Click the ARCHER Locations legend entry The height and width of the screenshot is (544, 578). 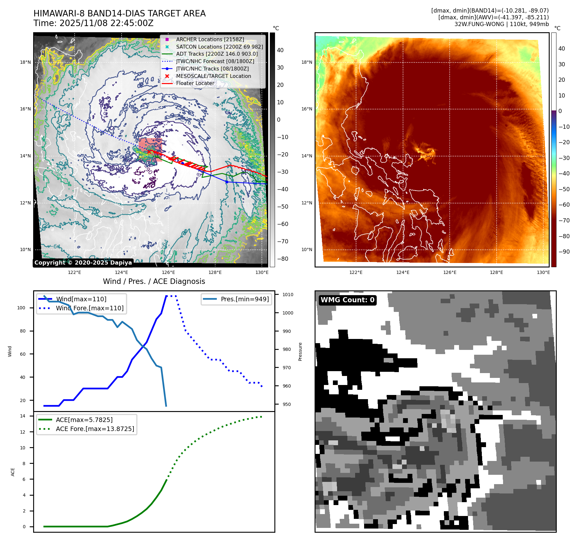point(210,39)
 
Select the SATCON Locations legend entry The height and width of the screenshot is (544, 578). point(219,47)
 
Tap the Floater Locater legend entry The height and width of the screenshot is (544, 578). point(195,83)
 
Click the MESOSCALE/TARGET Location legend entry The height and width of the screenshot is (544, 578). point(213,76)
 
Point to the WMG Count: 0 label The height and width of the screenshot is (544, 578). point(347,300)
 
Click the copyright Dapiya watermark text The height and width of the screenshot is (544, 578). point(83,263)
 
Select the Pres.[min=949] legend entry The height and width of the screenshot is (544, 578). point(244,299)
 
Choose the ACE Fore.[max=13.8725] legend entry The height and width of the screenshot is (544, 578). point(95,429)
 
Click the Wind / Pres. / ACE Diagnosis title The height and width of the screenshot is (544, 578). point(154,281)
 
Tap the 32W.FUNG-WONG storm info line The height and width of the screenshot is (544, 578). point(501,24)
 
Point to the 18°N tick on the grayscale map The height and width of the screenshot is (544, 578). point(25,62)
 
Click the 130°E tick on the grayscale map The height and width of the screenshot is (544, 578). point(262,272)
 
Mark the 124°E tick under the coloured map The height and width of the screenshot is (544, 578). point(403,272)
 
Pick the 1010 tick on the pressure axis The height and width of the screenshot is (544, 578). point(288,295)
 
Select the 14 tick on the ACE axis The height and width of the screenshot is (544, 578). point(23,416)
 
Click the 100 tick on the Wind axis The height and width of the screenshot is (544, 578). point(21,308)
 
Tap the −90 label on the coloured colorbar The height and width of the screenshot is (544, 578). point(564,252)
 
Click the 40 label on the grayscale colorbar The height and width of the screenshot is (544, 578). point(280,50)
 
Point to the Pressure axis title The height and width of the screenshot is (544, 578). point(300,352)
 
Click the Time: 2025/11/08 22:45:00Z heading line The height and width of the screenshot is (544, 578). point(93,23)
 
